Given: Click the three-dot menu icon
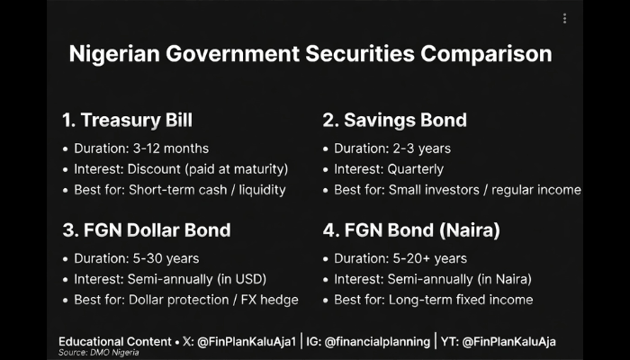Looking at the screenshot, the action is (x=564, y=19).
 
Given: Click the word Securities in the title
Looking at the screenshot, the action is (x=360, y=54).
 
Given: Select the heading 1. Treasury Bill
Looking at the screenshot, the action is (x=128, y=120).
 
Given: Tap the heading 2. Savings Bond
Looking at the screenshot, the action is (x=394, y=120).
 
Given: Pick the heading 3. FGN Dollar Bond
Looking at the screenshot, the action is (x=147, y=230).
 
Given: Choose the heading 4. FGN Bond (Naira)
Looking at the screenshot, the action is (x=411, y=230).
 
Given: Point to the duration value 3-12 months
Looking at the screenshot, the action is (x=171, y=148).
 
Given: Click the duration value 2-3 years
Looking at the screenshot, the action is (x=421, y=148).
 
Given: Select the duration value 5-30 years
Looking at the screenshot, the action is (x=166, y=258).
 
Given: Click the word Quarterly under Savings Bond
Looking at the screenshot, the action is (x=416, y=169).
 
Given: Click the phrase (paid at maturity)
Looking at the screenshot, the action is (x=237, y=169).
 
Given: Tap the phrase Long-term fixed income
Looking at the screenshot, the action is (x=461, y=300).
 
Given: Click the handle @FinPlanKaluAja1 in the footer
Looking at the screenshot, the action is (x=247, y=342).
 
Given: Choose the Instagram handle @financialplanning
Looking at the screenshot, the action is (x=377, y=342).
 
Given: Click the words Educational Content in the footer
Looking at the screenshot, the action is (x=115, y=342).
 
